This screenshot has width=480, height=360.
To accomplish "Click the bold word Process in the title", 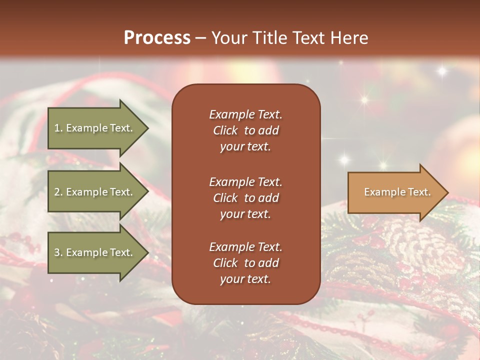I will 157,38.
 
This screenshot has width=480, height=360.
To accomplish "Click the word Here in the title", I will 348,38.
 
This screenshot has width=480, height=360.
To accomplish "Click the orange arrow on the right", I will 395,192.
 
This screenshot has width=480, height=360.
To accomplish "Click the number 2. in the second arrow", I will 58,192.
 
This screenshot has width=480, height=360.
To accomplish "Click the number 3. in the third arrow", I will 58,252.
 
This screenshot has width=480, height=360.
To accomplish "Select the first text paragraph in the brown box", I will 245,130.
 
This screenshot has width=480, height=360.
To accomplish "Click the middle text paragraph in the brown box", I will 245,198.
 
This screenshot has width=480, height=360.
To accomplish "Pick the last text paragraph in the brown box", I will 245,263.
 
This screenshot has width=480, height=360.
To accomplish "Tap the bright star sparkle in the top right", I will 441,71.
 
